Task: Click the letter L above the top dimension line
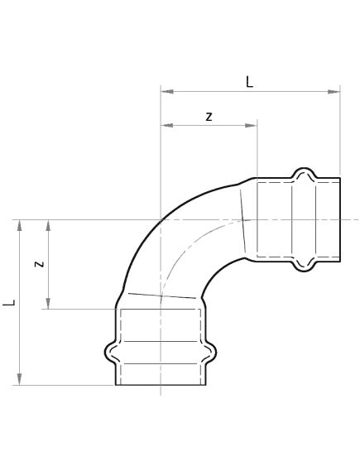click(250, 81)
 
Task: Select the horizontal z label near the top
click(209, 117)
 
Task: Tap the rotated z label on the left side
click(39, 264)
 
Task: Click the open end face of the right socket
click(340, 219)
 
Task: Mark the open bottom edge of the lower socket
click(161, 385)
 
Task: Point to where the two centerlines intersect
click(161, 219)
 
